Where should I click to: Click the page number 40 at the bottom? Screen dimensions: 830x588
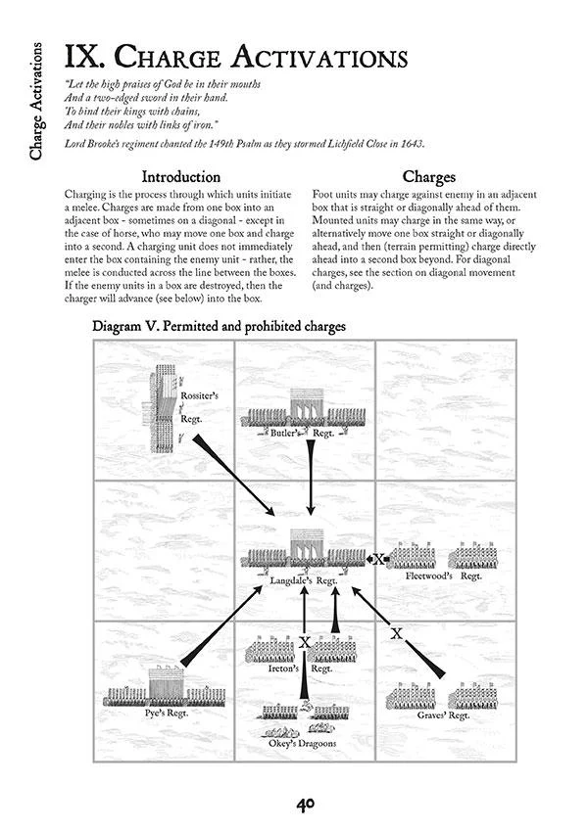point(304,804)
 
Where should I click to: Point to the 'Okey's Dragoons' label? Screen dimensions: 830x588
point(303,743)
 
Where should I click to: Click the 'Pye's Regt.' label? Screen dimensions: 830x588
point(169,713)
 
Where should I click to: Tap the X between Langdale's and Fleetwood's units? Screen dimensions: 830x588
point(379,560)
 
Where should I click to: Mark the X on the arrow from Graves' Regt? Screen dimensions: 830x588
point(397,633)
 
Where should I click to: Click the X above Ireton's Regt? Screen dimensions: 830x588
point(305,643)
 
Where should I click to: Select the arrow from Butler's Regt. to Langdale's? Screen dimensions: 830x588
point(310,478)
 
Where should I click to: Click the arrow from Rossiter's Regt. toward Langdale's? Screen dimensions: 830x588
point(233,477)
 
